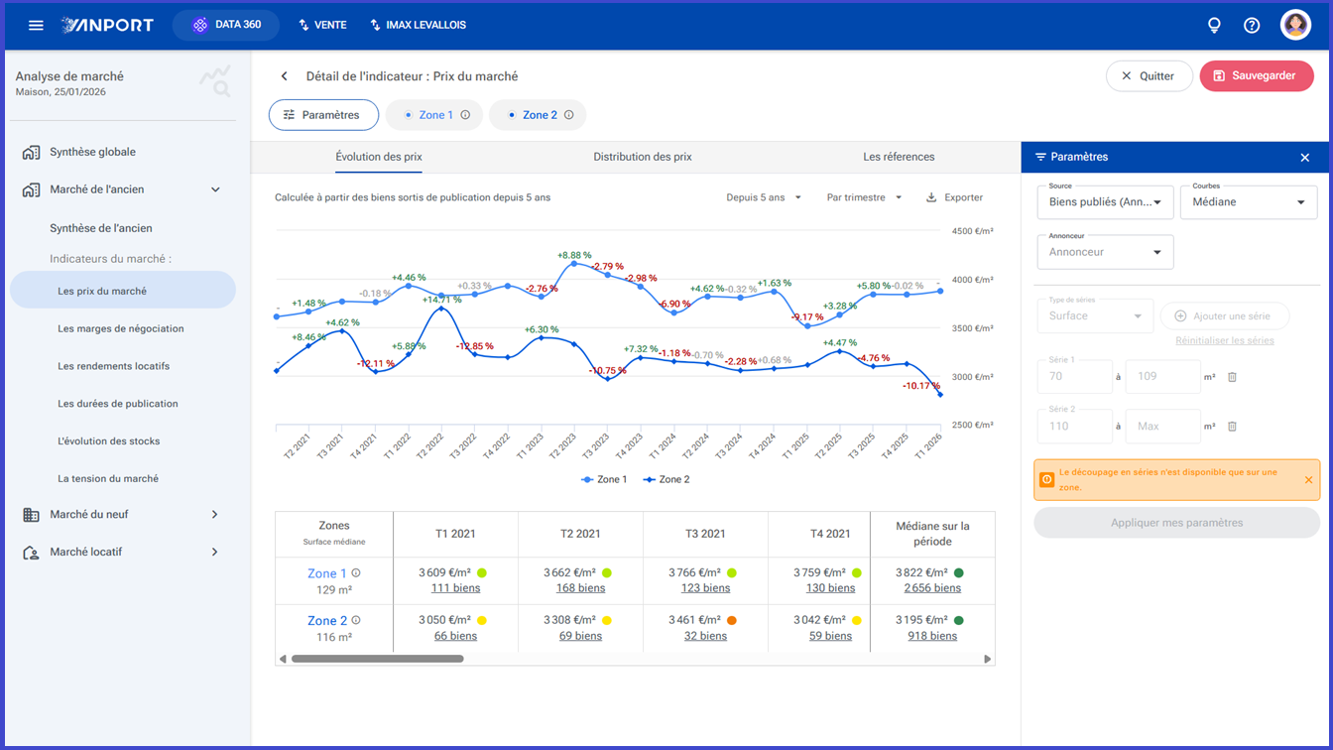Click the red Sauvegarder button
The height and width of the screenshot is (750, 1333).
coord(1257,76)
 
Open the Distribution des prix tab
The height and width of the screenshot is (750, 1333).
coord(642,157)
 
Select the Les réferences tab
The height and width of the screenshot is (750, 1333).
coord(899,157)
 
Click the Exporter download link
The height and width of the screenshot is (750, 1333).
coord(954,197)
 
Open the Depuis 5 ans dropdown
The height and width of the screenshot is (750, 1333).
coord(764,197)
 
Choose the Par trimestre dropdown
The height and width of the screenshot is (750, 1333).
coord(864,197)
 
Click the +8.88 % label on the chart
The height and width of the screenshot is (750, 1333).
coord(574,255)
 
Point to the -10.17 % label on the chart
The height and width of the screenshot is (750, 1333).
coord(921,386)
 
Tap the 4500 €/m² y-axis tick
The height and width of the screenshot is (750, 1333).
coord(972,231)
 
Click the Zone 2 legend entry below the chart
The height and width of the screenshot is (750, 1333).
coord(666,479)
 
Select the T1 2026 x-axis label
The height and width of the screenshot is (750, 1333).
coord(928,445)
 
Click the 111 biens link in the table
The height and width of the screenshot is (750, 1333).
coord(455,588)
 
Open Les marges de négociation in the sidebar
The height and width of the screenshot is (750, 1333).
coord(121,328)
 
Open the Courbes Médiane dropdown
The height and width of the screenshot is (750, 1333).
coord(1249,202)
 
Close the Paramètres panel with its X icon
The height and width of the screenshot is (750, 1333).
coord(1305,157)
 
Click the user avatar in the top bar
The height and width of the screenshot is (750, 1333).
coord(1295,25)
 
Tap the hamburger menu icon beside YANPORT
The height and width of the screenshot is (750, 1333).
coord(36,25)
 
